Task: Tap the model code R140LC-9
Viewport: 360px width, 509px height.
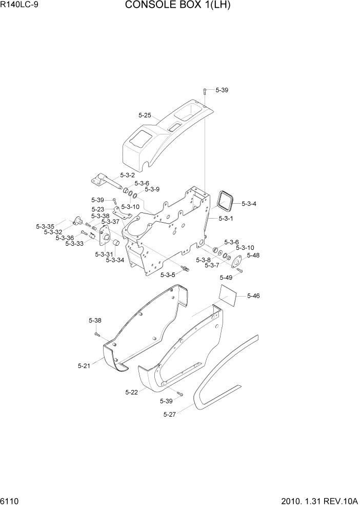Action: click(20, 6)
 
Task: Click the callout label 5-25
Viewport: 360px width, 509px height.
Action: click(145, 115)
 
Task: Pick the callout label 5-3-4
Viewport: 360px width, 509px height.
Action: click(248, 203)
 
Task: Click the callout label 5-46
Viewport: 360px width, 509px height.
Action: click(253, 296)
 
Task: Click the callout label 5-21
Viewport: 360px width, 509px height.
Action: click(84, 366)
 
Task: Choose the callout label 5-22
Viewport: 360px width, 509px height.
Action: click(131, 392)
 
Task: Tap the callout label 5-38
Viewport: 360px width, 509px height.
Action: click(95, 321)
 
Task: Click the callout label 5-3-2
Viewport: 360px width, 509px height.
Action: click(127, 175)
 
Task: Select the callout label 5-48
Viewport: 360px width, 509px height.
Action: click(253, 255)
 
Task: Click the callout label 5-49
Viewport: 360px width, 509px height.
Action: click(226, 278)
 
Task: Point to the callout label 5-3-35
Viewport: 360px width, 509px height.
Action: click(45, 226)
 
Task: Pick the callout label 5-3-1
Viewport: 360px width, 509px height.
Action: click(226, 219)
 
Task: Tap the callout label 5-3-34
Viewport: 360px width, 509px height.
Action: click(115, 260)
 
